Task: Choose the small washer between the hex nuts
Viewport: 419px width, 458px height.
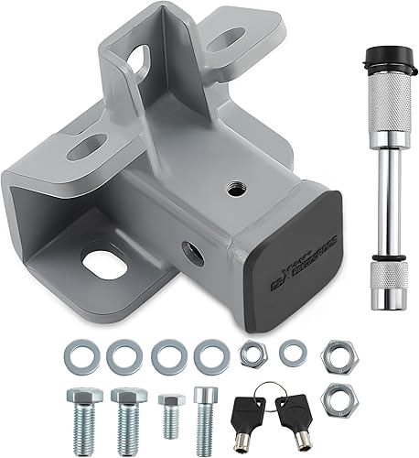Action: click(292, 350)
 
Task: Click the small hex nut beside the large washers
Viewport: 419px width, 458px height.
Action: click(252, 352)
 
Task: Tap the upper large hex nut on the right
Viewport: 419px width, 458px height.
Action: click(339, 353)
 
